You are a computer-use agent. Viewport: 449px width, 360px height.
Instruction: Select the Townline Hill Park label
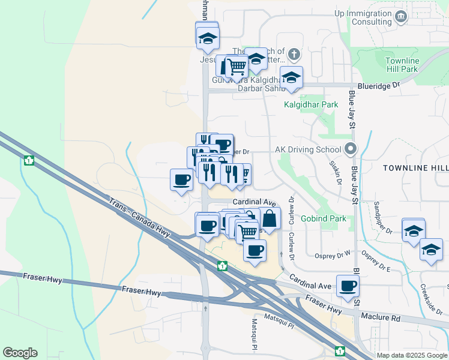pyautogui.click(x=402, y=65)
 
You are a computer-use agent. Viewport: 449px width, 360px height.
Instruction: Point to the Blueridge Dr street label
pyautogui.click(x=378, y=86)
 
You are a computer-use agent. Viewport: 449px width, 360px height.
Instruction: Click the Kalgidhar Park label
pyautogui.click(x=311, y=104)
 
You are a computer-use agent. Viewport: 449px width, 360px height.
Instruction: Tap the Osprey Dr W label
pyautogui.click(x=328, y=255)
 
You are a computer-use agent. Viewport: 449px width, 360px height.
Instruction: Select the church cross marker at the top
pyautogui.click(x=294, y=55)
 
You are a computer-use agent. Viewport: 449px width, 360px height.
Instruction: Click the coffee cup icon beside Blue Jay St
pyautogui.click(x=347, y=285)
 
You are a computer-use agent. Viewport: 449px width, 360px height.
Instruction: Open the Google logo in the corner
pyautogui.click(x=20, y=353)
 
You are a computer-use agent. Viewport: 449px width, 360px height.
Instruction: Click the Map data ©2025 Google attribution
pyautogui.click(x=412, y=355)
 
